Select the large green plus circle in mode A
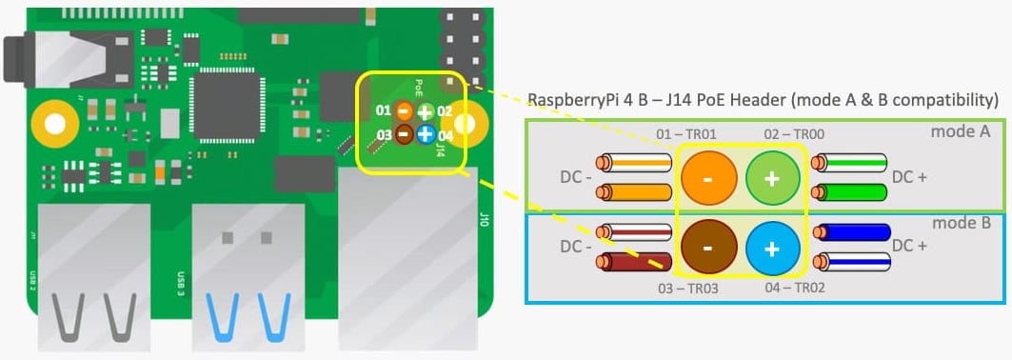(772, 178)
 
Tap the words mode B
(961, 223)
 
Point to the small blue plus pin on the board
(425, 134)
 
